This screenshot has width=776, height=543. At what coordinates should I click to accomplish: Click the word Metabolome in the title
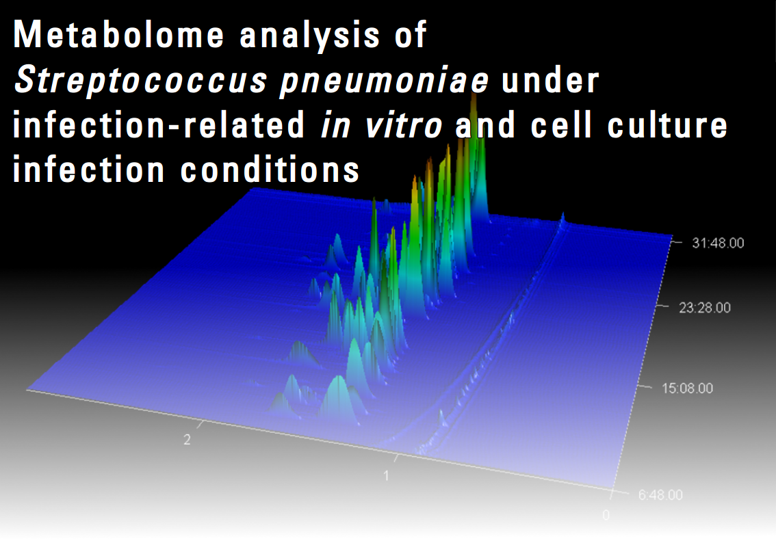coord(118,35)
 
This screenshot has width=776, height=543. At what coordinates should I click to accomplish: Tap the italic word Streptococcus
coord(141,81)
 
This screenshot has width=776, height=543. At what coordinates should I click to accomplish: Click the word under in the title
coord(549,79)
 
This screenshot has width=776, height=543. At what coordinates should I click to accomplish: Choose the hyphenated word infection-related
coord(159,124)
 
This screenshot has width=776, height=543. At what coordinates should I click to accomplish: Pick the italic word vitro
coord(403,124)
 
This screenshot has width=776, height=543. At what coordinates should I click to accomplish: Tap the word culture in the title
coord(667,124)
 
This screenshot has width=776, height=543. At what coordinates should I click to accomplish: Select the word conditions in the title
coord(270,169)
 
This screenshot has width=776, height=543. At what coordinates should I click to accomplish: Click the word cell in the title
coord(561,124)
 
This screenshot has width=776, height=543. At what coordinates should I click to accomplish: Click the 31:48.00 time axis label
coord(718,243)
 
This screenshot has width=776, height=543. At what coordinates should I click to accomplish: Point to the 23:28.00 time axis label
coord(705,308)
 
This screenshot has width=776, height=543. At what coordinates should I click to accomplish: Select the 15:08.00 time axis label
coord(688,388)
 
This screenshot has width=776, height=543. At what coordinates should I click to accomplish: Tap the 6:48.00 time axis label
coord(660,494)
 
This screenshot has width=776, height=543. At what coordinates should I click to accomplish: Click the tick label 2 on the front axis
coord(187,439)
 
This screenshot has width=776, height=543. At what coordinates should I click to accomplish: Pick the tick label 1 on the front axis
coord(386,476)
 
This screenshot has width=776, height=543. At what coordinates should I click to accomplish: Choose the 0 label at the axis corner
coord(606,515)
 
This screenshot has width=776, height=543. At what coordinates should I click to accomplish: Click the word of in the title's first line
coord(411,35)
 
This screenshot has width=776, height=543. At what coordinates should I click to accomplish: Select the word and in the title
coord(485,124)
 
